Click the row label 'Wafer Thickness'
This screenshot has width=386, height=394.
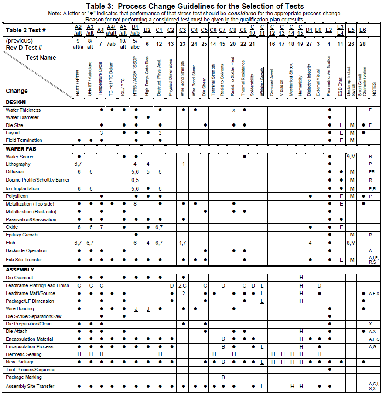[x=23, y=110]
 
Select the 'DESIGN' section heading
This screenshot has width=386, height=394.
[x=16, y=102]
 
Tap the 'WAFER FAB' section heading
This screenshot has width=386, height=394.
[x=20, y=149]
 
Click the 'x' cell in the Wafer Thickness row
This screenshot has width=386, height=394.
[x=234, y=110]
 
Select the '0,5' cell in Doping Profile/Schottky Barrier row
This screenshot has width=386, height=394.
[x=135, y=180]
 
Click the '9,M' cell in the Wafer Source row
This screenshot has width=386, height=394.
[x=352, y=157]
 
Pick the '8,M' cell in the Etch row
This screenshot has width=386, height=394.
[x=352, y=243]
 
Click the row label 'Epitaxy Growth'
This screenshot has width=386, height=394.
[x=21, y=235]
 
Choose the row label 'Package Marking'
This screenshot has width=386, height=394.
[x=24, y=377]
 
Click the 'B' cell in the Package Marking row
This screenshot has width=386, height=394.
[x=223, y=377]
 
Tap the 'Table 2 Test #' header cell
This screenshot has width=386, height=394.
[x=26, y=30]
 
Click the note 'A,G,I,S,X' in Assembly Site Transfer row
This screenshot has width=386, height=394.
[x=374, y=386]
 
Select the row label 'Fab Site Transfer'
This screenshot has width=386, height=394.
[x=24, y=260]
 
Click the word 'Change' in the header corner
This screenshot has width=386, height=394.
[x=17, y=91]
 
